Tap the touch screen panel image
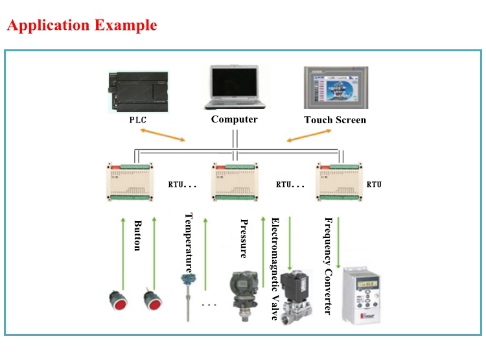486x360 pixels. [x=334, y=88]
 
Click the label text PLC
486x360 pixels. [x=138, y=120]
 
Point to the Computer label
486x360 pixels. [x=234, y=119]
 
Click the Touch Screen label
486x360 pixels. [x=335, y=120]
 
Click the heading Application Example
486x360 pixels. [x=82, y=26]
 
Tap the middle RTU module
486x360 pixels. [x=237, y=184]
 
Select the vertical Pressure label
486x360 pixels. [x=244, y=238]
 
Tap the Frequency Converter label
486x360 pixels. [x=327, y=265]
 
